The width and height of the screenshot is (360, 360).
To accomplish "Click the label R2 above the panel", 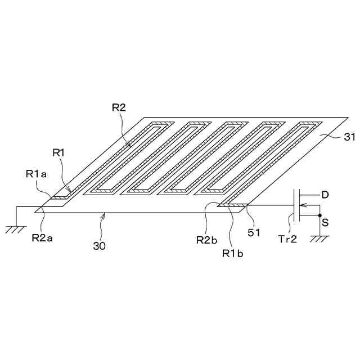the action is tap(119, 108).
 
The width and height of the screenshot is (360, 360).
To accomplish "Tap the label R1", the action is tap(60, 152).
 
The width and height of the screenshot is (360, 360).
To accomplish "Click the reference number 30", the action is tap(98, 246).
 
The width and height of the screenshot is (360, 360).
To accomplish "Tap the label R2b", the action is tap(205, 240).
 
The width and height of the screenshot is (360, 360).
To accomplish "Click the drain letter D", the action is tap(325, 195).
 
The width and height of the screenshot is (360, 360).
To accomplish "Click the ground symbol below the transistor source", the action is tap(321, 238).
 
